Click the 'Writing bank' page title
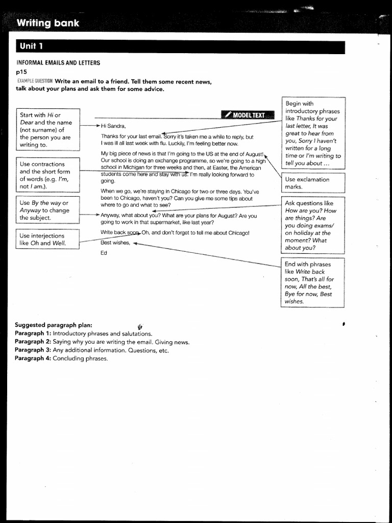click(x=48, y=23)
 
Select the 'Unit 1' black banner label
click(x=31, y=46)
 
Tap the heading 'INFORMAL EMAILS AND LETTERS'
click(x=58, y=63)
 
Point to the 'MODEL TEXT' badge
click(x=248, y=115)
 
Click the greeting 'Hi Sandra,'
click(x=113, y=126)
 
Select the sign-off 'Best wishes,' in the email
click(x=116, y=243)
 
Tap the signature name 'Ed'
click(x=104, y=253)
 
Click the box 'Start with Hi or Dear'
click(x=47, y=129)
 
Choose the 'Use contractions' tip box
click(x=47, y=175)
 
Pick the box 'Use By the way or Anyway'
click(x=47, y=210)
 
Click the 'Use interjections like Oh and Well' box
click(x=47, y=240)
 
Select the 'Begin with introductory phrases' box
click(x=313, y=133)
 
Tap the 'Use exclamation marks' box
click(x=313, y=183)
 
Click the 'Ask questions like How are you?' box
click(x=313, y=225)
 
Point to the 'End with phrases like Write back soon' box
click(x=313, y=282)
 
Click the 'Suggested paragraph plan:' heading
click(x=54, y=325)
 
